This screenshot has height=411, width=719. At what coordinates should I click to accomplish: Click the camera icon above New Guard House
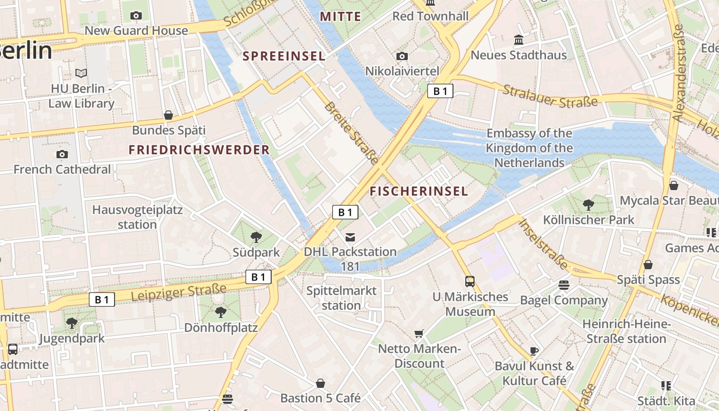click(136, 15)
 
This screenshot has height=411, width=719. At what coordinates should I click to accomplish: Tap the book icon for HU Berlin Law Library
click(81, 73)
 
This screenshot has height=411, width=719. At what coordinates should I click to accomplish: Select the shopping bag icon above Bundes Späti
click(168, 115)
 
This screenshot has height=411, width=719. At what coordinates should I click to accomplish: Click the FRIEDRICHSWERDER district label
click(199, 150)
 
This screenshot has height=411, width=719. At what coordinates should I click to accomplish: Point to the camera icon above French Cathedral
click(62, 154)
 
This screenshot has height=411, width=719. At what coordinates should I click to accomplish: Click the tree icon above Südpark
click(256, 237)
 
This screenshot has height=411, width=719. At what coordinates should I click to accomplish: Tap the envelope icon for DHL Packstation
click(350, 237)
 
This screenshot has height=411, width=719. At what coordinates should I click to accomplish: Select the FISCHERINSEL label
click(419, 192)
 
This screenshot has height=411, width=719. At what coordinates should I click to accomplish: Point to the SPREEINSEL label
click(284, 56)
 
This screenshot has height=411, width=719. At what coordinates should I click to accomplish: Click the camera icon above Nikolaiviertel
click(402, 56)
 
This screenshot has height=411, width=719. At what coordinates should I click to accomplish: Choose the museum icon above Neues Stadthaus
click(519, 40)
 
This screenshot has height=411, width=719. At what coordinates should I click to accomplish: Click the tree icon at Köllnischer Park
click(589, 205)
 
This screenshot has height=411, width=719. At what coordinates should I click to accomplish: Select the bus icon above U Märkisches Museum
click(470, 281)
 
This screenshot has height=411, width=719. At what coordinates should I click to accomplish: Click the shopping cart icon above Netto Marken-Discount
click(419, 333)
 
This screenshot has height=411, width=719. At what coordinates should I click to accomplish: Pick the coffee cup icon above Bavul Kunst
click(534, 351)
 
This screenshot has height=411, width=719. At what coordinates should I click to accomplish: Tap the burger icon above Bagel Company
click(564, 285)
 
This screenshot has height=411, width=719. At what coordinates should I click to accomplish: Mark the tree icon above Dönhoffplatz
click(221, 312)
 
